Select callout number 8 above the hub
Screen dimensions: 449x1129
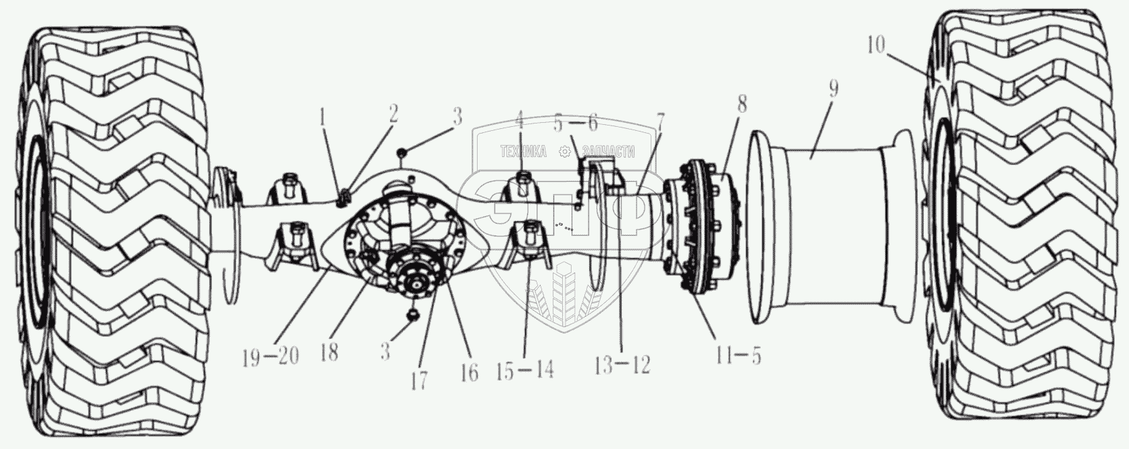pyautogui.click(x=741, y=104)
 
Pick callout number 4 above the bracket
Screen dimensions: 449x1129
pyautogui.click(x=520, y=123)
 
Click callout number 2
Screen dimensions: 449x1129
pyautogui.click(x=393, y=112)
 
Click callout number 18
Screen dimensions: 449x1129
pyautogui.click(x=329, y=353)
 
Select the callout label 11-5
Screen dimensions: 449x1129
pyautogui.click(x=739, y=357)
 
